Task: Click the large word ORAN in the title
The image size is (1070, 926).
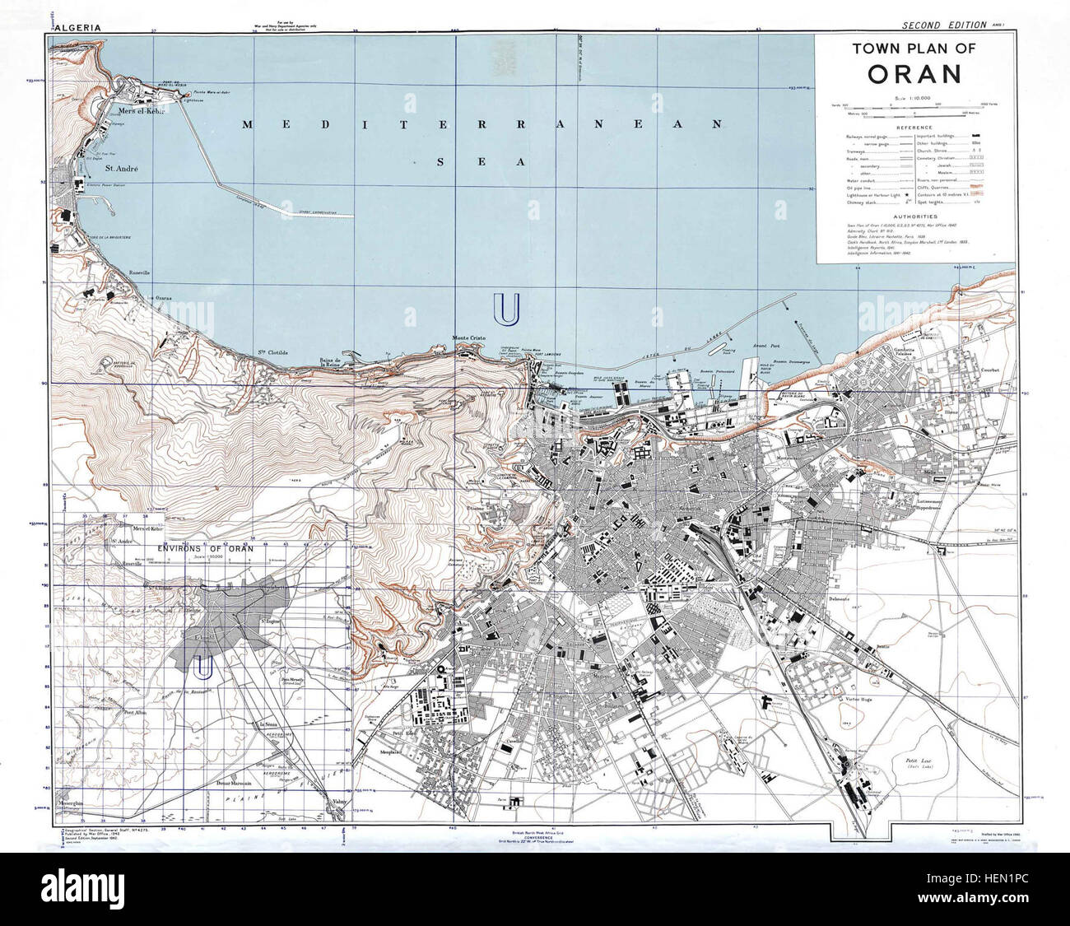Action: click(914, 74)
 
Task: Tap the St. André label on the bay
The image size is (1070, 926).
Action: click(121, 168)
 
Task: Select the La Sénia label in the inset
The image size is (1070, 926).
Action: click(269, 724)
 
